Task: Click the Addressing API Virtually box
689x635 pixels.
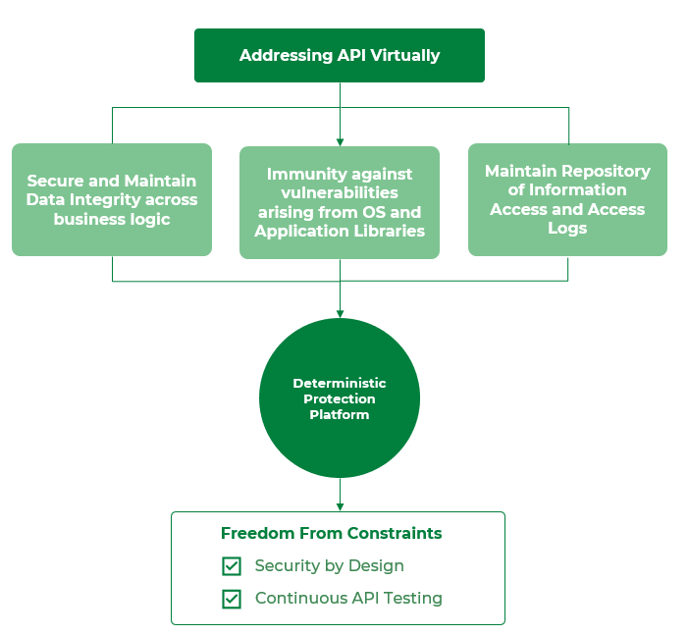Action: (340, 55)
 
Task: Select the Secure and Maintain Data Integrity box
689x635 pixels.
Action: (112, 199)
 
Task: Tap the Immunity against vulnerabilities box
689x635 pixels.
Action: (340, 202)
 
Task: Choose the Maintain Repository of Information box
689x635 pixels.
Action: (567, 199)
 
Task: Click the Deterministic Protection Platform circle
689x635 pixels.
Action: (340, 398)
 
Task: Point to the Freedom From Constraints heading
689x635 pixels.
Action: (331, 534)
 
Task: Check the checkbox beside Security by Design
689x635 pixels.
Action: (232, 566)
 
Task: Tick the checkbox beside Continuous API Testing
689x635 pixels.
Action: (232, 599)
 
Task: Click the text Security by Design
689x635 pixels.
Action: (329, 566)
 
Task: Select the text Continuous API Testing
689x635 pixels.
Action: (348, 599)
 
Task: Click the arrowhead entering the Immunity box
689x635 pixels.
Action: (340, 141)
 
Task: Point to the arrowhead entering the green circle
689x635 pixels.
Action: (340, 313)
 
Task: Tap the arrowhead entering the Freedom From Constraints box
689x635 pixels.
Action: (340, 506)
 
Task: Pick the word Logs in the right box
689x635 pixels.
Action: (567, 228)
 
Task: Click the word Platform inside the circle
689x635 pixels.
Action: (340, 415)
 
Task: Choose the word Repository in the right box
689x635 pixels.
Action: (607, 171)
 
